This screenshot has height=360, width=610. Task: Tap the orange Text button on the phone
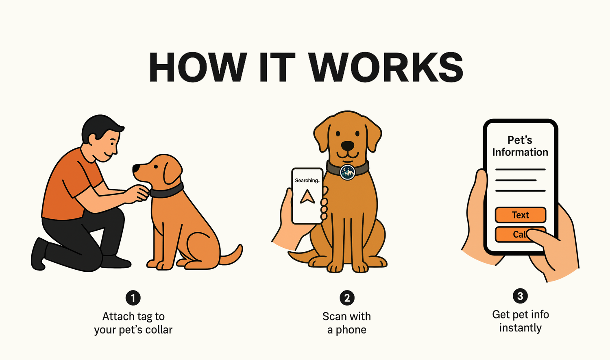pyautogui.click(x=521, y=215)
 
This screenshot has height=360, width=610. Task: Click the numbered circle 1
pyautogui.click(x=133, y=298)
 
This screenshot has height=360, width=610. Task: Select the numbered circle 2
pyautogui.click(x=347, y=298)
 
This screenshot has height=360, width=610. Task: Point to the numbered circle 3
pyautogui.click(x=520, y=296)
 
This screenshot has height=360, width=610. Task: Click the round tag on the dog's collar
pyautogui.click(x=348, y=172)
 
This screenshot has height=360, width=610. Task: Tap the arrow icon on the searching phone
pyautogui.click(x=307, y=196)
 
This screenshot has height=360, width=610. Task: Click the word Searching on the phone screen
pyautogui.click(x=306, y=181)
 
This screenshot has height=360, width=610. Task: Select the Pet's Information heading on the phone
pyautogui.click(x=520, y=146)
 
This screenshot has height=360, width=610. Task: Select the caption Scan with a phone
pyautogui.click(x=346, y=323)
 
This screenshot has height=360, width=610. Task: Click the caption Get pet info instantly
pyautogui.click(x=521, y=321)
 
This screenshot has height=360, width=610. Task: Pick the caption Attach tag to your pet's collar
pyautogui.click(x=133, y=323)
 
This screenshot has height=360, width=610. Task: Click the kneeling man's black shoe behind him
pyautogui.click(x=39, y=254)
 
